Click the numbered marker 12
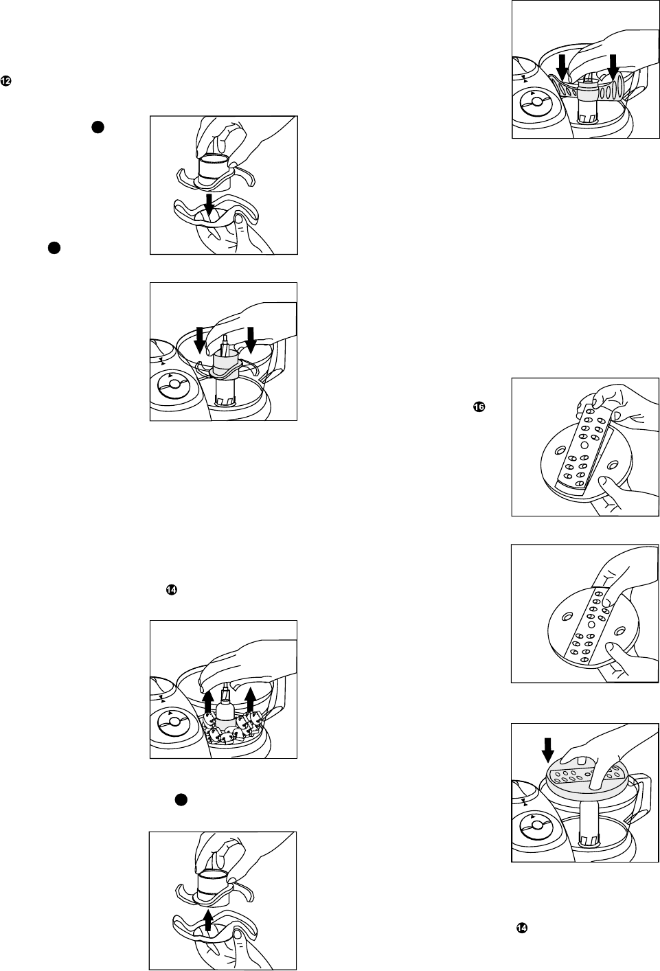pos(5,81)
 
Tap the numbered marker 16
pos(479,407)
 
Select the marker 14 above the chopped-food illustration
pos(171,589)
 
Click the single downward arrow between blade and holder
pos(210,205)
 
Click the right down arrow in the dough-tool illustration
pos(613,67)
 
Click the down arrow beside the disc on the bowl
pos(548,751)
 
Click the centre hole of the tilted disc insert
pos(584,445)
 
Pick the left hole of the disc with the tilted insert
pos(560,450)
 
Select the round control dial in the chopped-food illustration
pos(174,722)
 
